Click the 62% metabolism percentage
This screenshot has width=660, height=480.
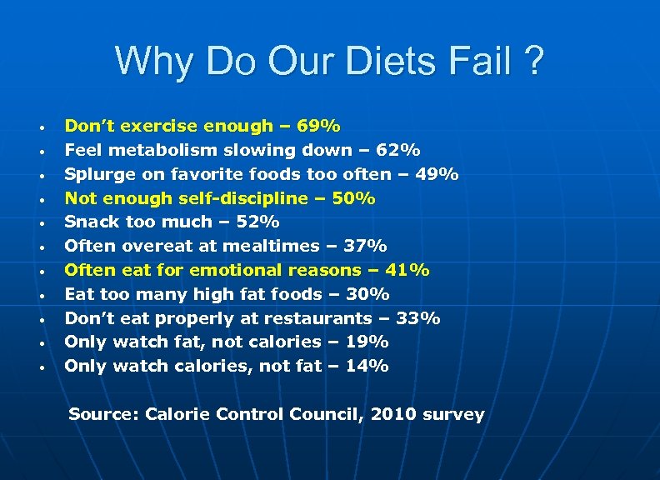click(x=399, y=151)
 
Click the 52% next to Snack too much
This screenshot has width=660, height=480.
click(x=259, y=222)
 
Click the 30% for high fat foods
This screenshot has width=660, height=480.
click(x=369, y=294)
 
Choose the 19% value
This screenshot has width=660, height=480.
click(x=368, y=342)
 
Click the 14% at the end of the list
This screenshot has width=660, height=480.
click(x=368, y=366)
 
